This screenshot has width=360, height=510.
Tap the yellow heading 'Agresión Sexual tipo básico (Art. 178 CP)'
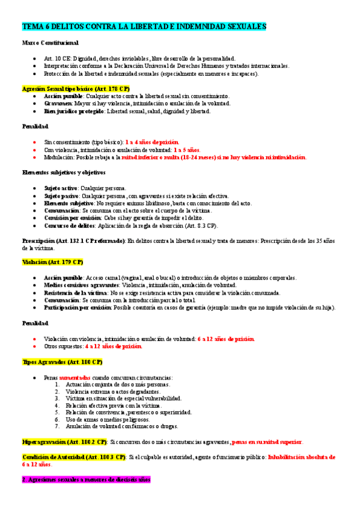click(76, 88)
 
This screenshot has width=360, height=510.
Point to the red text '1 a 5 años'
click(187, 149)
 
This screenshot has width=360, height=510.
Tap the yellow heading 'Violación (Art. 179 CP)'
click(52, 262)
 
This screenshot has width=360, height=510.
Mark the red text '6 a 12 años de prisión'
click(226, 339)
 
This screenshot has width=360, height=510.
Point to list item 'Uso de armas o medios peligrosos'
click(105, 419)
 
